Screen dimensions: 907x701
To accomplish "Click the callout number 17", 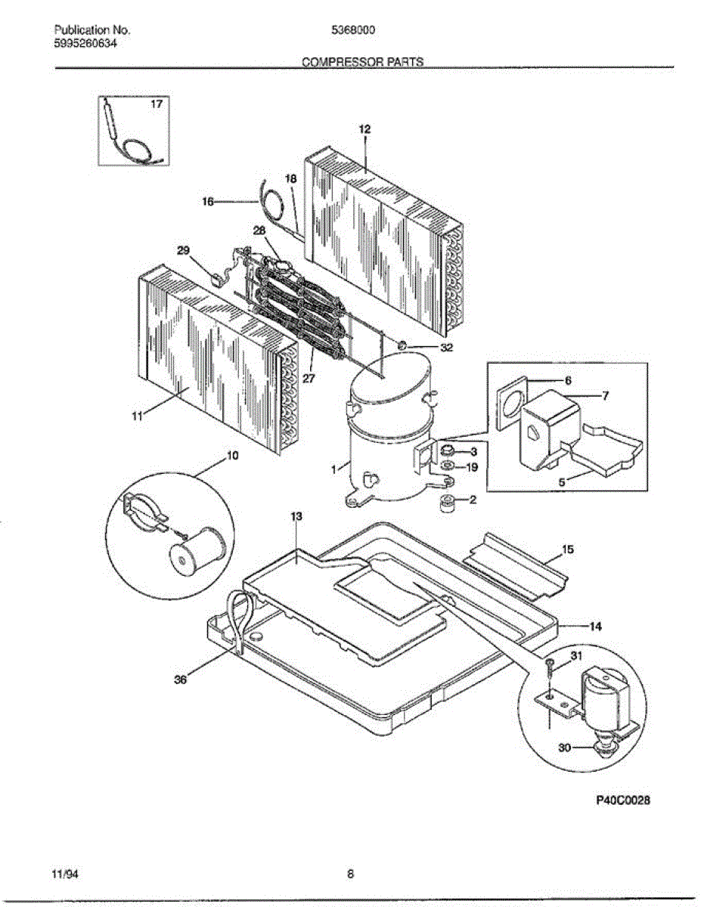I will tap(156, 104).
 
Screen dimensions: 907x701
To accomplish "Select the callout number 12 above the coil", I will tap(364, 129).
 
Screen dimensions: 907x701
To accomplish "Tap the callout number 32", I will tap(447, 348).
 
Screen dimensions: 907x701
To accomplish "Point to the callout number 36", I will tap(180, 679).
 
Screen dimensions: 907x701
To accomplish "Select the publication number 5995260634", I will tap(85, 43).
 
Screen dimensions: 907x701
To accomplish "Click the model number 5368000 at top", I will tap(354, 30).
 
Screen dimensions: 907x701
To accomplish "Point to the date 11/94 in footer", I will tap(66, 874).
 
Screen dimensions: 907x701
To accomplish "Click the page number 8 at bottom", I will tap(350, 874).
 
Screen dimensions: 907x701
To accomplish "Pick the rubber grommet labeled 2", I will tap(447, 503).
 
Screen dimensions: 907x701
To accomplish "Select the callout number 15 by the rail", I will tap(568, 549).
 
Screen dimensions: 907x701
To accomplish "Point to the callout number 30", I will tap(564, 748).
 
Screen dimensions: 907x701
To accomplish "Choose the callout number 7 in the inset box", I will tap(604, 395).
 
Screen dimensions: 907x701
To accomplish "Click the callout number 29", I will tap(184, 250).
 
